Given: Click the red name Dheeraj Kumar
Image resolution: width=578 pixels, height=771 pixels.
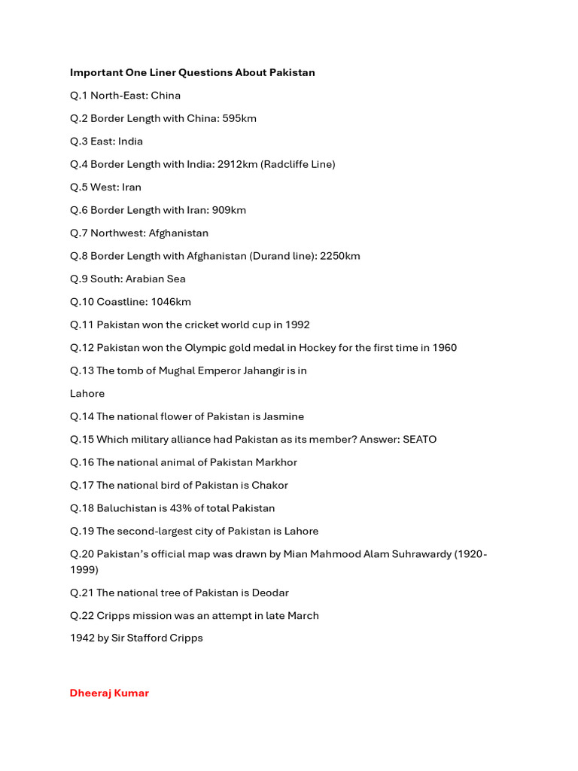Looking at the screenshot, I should click(109, 693).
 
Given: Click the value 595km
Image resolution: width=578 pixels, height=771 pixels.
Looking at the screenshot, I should click(239, 118).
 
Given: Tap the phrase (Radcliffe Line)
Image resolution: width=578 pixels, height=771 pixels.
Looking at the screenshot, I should click(298, 164).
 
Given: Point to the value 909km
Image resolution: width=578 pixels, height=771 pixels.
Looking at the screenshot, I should click(229, 210).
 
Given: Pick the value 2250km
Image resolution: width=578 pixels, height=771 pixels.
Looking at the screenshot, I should click(340, 256).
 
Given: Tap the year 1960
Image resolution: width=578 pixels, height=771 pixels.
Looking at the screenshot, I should click(444, 348).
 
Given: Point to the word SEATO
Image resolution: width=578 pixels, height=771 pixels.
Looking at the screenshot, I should click(420, 439).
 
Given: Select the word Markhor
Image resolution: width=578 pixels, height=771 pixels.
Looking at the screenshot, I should click(277, 462).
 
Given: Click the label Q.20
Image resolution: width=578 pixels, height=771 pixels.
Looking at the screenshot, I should click(81, 553).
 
